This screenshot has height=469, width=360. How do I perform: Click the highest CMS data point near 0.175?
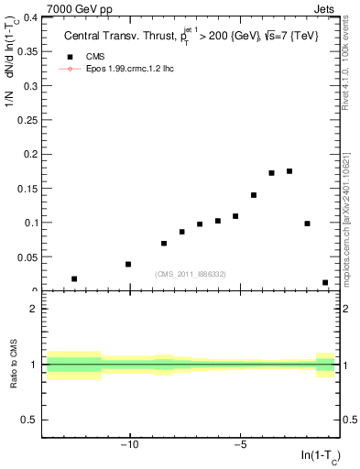pyautogui.click(x=289, y=171)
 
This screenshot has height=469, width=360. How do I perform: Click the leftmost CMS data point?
pyautogui.click(x=74, y=278)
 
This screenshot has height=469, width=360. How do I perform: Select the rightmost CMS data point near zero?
pyautogui.click(x=325, y=283)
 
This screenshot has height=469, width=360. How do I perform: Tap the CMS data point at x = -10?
pyautogui.click(x=128, y=264)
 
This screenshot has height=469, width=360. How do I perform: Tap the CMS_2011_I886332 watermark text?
pyautogui.click(x=190, y=274)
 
